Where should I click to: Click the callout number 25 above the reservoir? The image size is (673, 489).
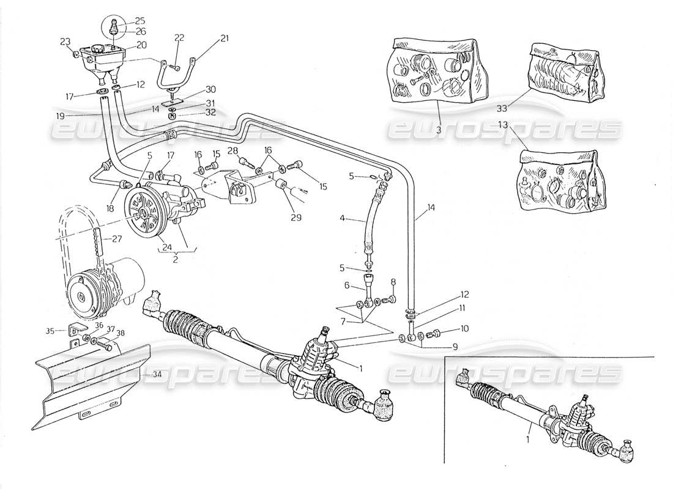tap(123, 20)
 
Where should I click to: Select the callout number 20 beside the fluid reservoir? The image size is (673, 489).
tap(141, 45)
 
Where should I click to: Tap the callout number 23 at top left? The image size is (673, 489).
tap(65, 42)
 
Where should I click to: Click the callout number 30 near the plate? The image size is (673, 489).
tap(194, 89)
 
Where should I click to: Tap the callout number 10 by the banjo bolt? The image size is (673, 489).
tap(464, 329)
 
